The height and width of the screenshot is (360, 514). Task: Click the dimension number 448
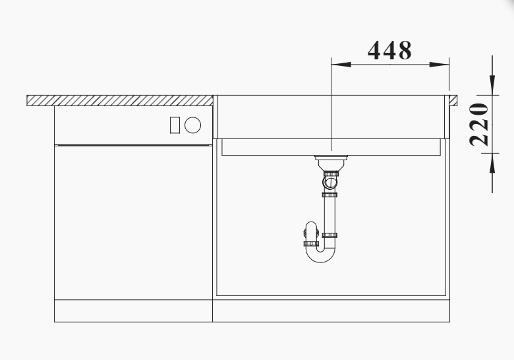pos(389,51)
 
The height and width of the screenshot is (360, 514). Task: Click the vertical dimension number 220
pos(479,124)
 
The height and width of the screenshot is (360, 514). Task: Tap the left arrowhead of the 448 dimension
pos(341,65)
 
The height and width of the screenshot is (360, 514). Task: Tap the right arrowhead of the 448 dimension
pos(440,65)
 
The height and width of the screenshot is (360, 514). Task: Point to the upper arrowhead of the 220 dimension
pos(492,85)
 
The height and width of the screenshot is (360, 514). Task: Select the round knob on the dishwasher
pos(192,125)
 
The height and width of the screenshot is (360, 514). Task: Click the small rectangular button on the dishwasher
pos(175,125)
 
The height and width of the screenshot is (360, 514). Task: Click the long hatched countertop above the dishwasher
pos(120,101)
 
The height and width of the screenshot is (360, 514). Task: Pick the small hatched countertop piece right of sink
pos(453,100)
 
